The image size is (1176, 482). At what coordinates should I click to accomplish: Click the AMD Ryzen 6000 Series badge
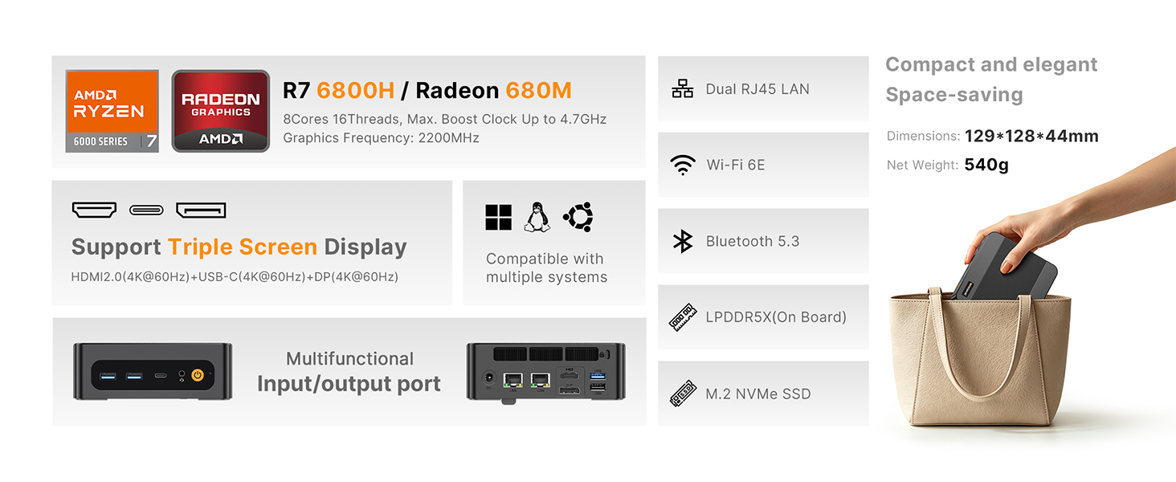pos(112,112)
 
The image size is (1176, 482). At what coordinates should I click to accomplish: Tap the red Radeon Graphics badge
pos(220,112)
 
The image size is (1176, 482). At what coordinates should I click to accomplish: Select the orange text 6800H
pos(355,90)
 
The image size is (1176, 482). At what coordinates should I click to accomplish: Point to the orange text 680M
pos(538,90)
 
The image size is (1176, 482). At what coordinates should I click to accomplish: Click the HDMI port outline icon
pos(95,210)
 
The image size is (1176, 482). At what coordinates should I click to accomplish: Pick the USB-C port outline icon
pos(146,210)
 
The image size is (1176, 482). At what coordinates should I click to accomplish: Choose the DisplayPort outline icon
pos(201,210)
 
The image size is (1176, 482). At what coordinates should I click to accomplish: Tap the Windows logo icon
pos(498,218)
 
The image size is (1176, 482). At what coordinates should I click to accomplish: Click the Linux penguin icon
pos(537,217)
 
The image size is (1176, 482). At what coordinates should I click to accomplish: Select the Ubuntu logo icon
pos(578,216)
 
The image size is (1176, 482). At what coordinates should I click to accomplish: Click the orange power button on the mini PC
pos(198,375)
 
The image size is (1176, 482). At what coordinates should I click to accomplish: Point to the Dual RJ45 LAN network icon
pos(683,88)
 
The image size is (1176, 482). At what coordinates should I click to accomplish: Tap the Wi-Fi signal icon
pos(683,165)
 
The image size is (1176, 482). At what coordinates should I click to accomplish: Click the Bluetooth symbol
pos(683,241)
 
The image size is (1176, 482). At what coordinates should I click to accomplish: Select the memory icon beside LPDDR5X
pos(683,317)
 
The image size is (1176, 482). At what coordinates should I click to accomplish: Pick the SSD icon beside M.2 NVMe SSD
pos(683,394)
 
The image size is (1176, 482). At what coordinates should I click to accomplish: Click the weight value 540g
pos(986,165)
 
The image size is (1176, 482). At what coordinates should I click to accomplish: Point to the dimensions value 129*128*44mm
pos(1031,136)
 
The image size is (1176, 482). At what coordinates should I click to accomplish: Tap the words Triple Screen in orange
pos(243,247)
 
